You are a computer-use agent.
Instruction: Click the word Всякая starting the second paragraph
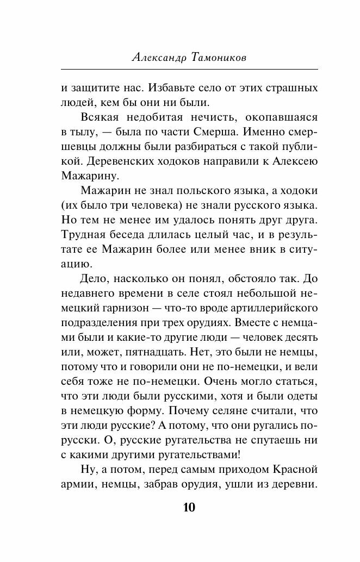pos(101,117)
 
